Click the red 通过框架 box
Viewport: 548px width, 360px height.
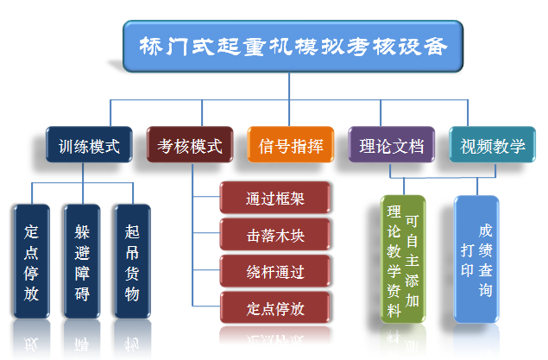275,199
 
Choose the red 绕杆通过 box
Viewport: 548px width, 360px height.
275,272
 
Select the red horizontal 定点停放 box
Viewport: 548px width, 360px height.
275,308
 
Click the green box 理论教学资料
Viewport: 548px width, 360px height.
403,259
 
